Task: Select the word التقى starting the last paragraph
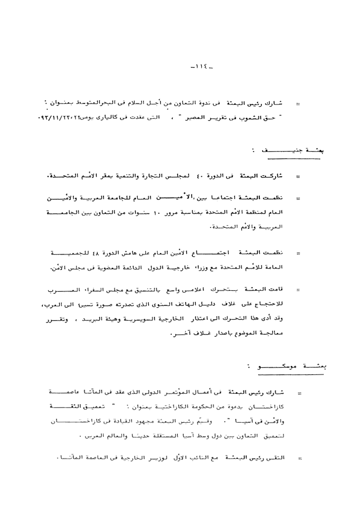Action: click(278, 459)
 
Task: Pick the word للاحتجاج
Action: click(273, 306)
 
